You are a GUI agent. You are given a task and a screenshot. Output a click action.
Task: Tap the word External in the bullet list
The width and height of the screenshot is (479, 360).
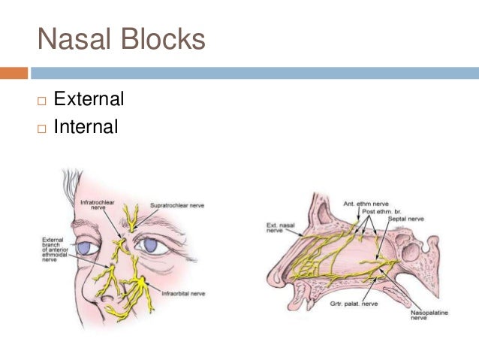89,99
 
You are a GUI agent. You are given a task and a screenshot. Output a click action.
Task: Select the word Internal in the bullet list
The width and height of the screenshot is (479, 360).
86,127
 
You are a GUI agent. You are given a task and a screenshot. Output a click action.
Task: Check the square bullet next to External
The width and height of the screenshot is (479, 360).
42,100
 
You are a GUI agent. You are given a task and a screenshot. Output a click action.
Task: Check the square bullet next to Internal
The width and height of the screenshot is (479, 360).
42,128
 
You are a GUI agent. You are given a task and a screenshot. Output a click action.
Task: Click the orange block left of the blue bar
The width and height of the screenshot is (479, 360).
14,74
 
